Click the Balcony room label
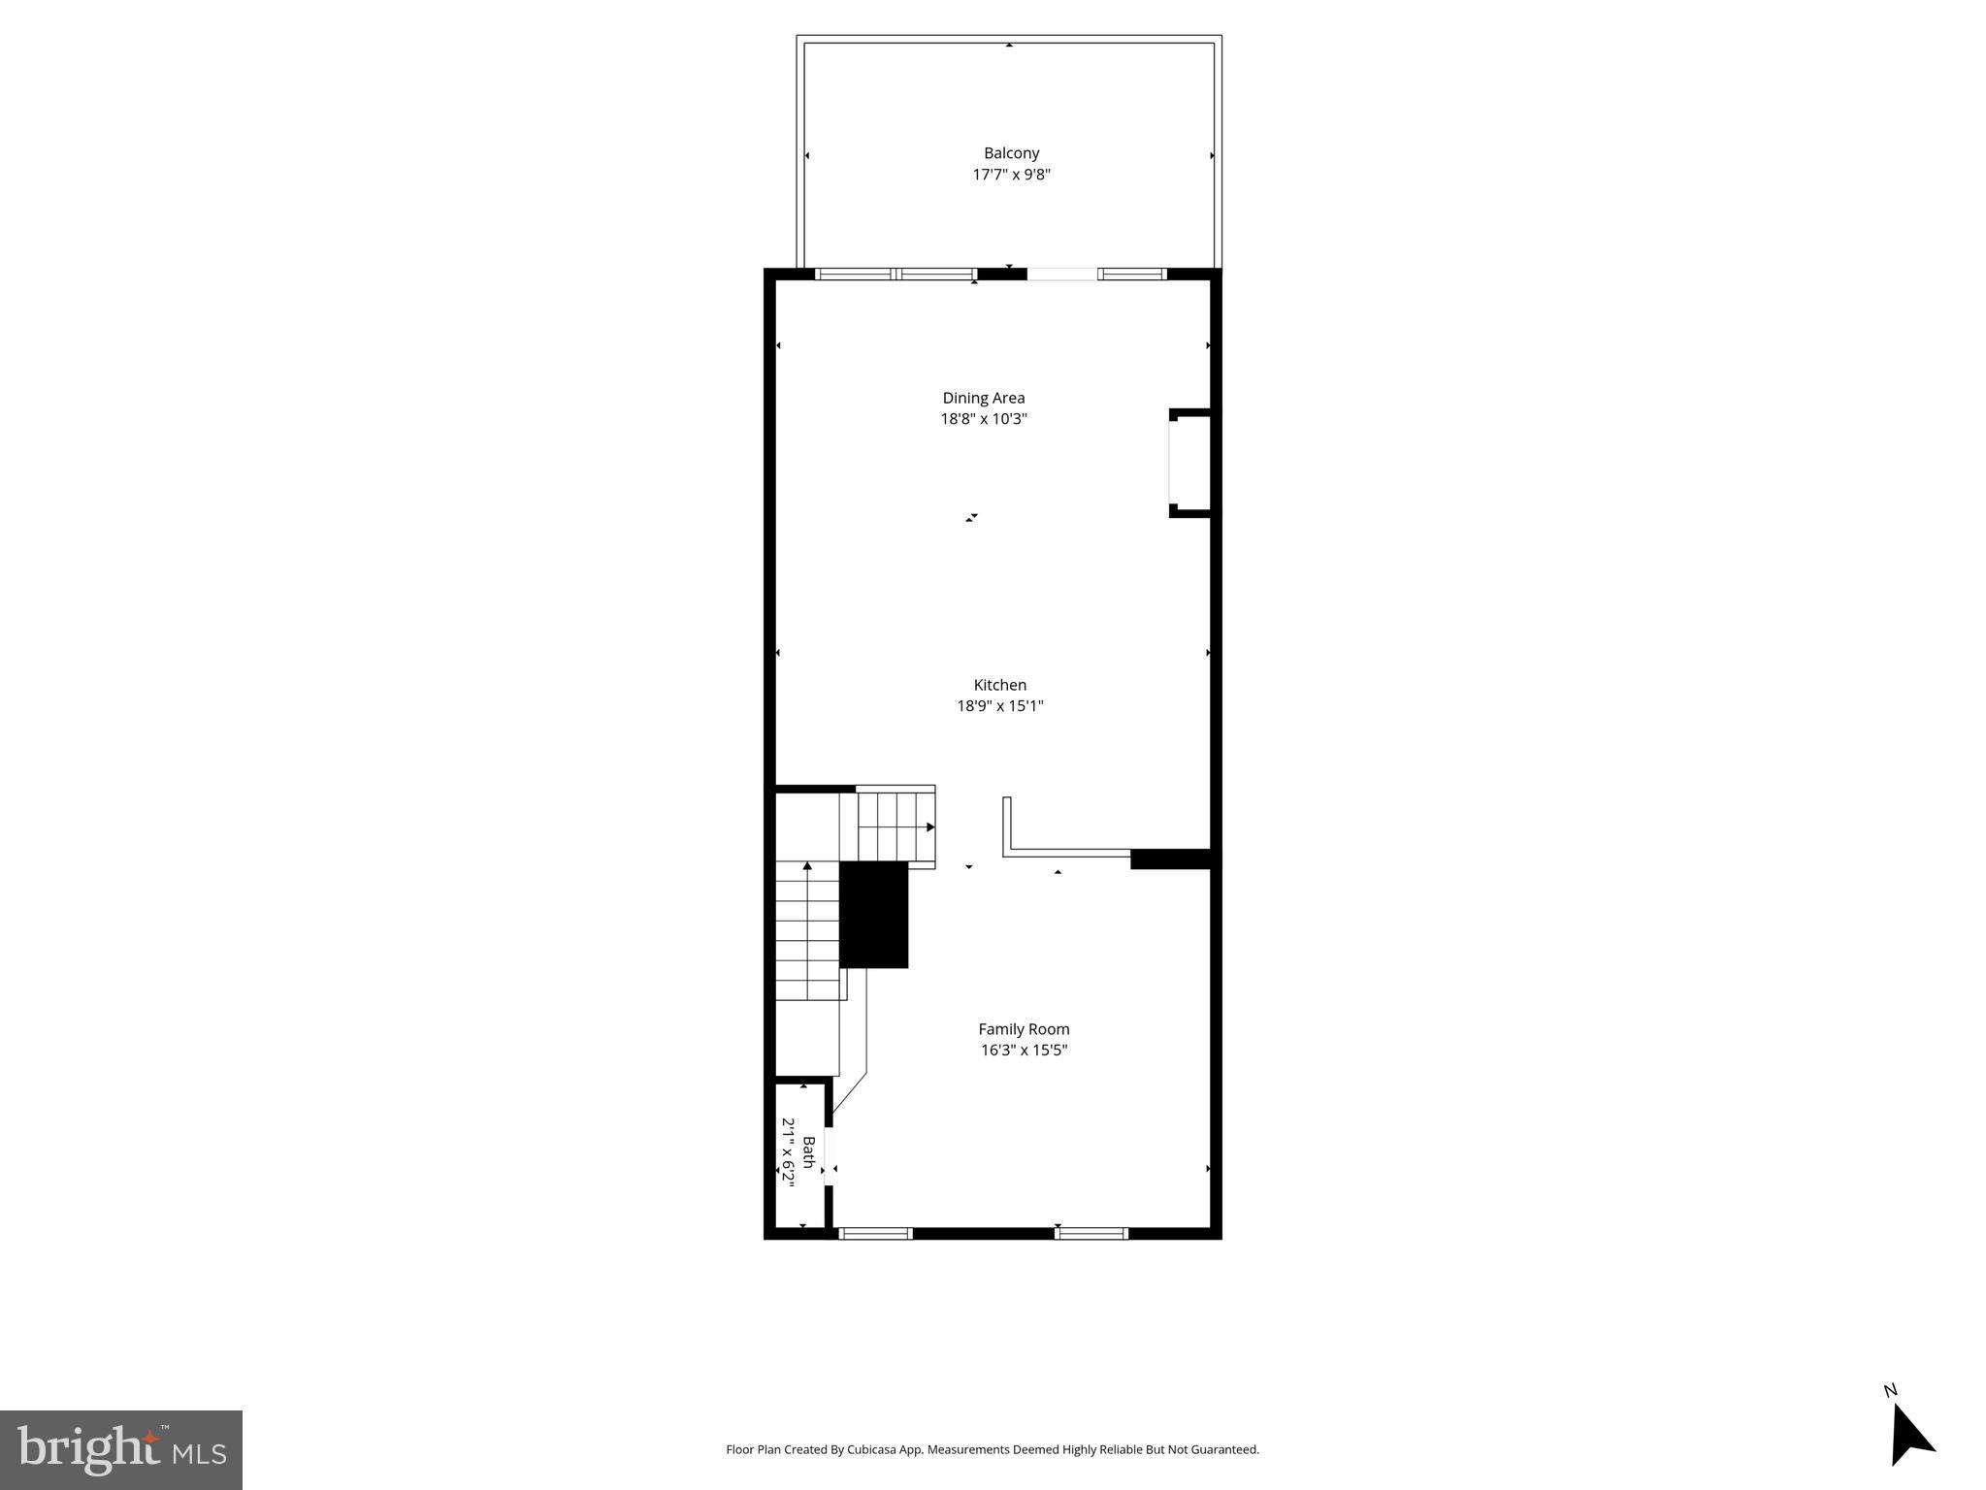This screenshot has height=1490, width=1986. tap(1011, 153)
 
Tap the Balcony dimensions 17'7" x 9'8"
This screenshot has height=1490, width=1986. tap(1011, 175)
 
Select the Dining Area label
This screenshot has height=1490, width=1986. tap(983, 398)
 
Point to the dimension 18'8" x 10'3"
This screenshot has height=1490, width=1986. tap(983, 419)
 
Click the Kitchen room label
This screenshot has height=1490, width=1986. tap(999, 685)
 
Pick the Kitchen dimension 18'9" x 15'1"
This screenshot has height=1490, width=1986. tap(999, 706)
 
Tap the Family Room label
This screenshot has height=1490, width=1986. tap(1024, 1029)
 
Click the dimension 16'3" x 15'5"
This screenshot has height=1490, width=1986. tap(1024, 1051)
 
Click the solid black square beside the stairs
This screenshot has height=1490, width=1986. tap(873, 914)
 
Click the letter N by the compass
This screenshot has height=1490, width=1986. tap(1890, 1417)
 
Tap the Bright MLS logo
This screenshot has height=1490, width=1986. tap(121, 1449)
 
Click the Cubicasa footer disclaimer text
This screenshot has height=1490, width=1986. tap(993, 1449)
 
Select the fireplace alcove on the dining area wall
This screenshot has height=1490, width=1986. tap(1189, 463)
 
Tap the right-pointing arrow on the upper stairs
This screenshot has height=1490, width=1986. tap(929, 827)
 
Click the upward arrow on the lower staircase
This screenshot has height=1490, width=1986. tap(807, 865)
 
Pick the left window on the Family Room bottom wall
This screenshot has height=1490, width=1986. tap(875, 1234)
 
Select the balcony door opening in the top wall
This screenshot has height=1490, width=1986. tap(1062, 275)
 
